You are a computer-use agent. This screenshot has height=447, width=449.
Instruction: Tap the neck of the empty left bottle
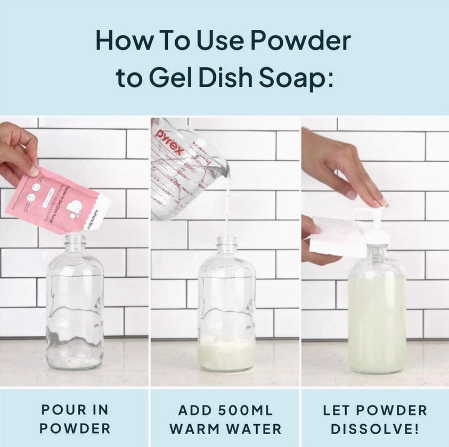75,246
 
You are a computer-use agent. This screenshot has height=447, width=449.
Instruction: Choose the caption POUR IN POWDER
75,419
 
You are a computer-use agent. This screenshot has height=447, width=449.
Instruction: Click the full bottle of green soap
377,319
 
